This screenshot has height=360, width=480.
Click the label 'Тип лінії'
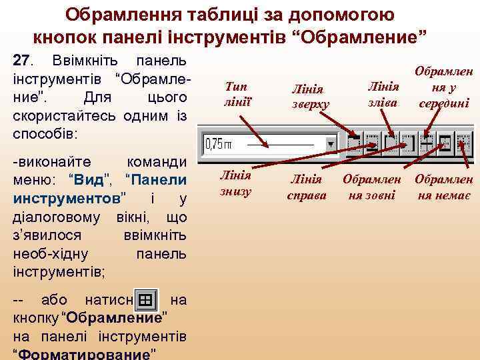[x=236, y=93]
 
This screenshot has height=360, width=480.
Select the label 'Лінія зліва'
[x=383, y=94]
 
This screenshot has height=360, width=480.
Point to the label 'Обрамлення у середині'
[x=443, y=87]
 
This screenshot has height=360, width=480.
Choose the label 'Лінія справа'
[x=306, y=187]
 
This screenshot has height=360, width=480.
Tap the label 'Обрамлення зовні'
[x=371, y=187]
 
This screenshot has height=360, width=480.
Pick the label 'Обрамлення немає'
[x=444, y=187]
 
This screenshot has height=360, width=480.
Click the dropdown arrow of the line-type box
[x=330, y=144]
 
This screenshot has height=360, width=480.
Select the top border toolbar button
[x=354, y=143]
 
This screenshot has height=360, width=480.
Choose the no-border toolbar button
[x=461, y=143]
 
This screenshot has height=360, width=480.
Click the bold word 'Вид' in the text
[x=89, y=181]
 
